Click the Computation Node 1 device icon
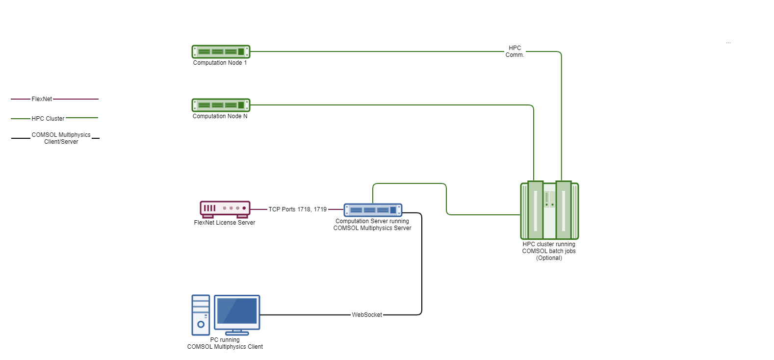[221, 51]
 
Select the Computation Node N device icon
[221, 105]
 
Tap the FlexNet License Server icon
[225, 209]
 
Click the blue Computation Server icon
[373, 210]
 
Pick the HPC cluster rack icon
[549, 210]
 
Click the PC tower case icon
[201, 315]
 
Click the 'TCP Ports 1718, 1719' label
[297, 209]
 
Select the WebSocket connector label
[367, 315]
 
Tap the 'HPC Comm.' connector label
[515, 51]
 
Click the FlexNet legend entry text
[42, 99]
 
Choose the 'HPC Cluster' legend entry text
[48, 119]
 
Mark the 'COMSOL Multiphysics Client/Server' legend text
[61, 138]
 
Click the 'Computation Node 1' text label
[220, 63]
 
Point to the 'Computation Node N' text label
[220, 116]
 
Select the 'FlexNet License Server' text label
[225, 223]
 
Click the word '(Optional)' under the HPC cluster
[549, 258]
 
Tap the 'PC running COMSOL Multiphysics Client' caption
[225, 343]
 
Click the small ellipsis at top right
[728, 43]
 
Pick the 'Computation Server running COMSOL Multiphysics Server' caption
[372, 225]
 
